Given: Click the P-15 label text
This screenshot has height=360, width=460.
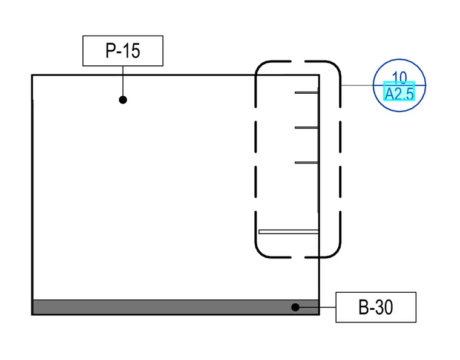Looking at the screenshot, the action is click(x=123, y=51).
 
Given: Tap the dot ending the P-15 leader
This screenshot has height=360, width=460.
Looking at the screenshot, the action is click(x=123, y=100).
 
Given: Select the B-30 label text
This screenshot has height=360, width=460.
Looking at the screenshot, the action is click(x=376, y=307).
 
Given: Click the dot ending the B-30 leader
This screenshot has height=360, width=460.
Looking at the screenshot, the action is click(x=295, y=307).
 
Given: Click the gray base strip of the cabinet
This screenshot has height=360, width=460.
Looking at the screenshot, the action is click(x=176, y=307).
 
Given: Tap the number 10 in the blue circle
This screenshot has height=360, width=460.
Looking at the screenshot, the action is click(x=399, y=77).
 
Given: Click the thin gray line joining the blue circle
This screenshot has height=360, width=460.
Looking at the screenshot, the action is click(x=357, y=85).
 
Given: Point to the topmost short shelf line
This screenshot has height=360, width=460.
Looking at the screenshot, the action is click(x=307, y=93).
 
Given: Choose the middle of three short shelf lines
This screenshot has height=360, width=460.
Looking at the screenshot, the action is click(x=307, y=128).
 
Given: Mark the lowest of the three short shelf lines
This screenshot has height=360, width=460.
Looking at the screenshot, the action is click(x=307, y=162).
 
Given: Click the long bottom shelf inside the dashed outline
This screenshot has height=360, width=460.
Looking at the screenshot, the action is click(x=289, y=232).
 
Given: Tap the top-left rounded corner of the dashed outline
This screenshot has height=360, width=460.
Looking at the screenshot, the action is click(x=260, y=66).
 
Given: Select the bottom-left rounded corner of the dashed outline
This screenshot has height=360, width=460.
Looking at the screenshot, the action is click(x=260, y=253).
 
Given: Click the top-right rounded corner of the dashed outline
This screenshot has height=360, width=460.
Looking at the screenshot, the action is click(x=335, y=66).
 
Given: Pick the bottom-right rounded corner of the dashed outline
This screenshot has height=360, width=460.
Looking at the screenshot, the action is click(x=335, y=253).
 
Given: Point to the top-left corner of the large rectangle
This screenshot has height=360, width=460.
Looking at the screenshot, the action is click(x=32, y=76).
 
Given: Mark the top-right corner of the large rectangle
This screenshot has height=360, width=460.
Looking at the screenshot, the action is click(x=319, y=76).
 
